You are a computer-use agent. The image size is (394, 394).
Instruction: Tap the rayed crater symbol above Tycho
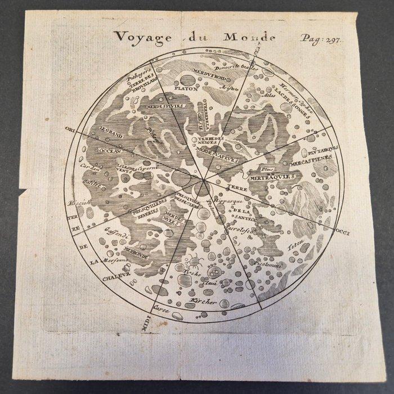[x=192, y=259]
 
